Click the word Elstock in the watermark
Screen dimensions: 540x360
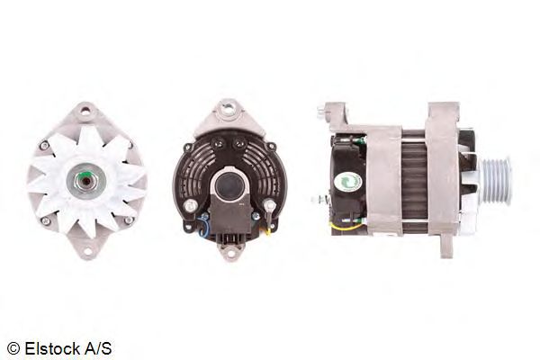51,348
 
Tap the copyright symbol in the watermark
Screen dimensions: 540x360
13,348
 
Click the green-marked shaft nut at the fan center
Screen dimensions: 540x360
86,180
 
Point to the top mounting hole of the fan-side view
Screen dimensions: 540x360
85,111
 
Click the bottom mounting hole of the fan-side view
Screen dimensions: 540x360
87,251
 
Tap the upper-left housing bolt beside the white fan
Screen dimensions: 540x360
44,146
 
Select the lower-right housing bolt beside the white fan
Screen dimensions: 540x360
129,220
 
